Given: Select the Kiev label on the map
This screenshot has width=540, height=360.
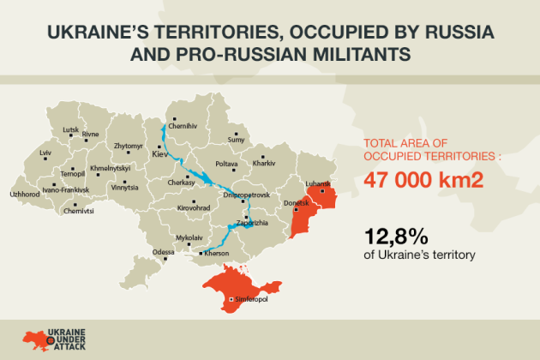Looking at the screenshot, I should tap(160, 154).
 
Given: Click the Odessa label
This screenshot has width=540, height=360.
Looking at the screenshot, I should tap(163, 251).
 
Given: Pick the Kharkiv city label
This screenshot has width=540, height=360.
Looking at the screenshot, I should tap(264, 163).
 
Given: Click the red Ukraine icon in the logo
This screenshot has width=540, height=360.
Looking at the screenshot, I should tap(39, 338).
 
